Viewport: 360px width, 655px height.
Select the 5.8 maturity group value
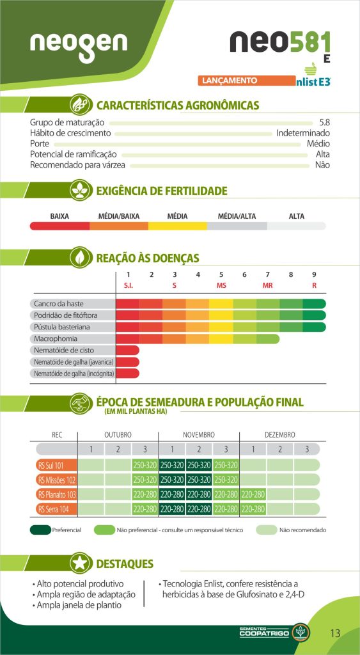click(x=324, y=123)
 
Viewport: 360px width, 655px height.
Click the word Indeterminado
click(x=303, y=133)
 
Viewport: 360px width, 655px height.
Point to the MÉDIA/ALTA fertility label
click(x=237, y=216)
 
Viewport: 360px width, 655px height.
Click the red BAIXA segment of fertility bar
click(x=59, y=226)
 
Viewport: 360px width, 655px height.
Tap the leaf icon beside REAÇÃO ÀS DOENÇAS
click(x=81, y=257)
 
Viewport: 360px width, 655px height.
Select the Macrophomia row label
click(x=50, y=339)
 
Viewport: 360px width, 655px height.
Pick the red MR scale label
click(x=267, y=286)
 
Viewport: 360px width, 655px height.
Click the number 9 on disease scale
click(x=314, y=275)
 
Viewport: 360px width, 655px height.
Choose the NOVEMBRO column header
click(x=199, y=435)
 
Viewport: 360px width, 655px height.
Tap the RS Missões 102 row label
click(x=57, y=480)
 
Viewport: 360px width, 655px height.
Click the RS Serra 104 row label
click(x=52, y=509)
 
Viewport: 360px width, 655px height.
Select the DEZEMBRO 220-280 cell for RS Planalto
click(x=253, y=494)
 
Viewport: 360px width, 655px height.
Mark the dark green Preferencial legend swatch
click(x=40, y=530)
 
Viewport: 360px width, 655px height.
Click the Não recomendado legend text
click(x=303, y=530)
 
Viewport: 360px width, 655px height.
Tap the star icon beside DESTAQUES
click(x=81, y=563)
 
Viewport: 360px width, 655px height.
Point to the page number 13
click(x=335, y=633)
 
